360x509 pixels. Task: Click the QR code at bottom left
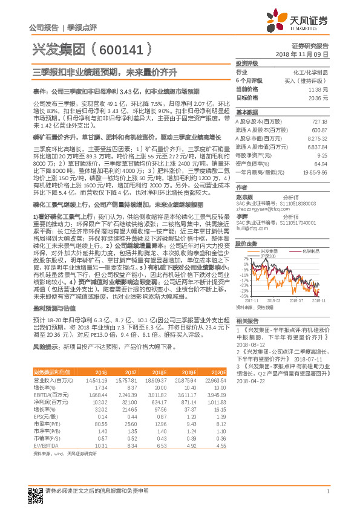point(36,481)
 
